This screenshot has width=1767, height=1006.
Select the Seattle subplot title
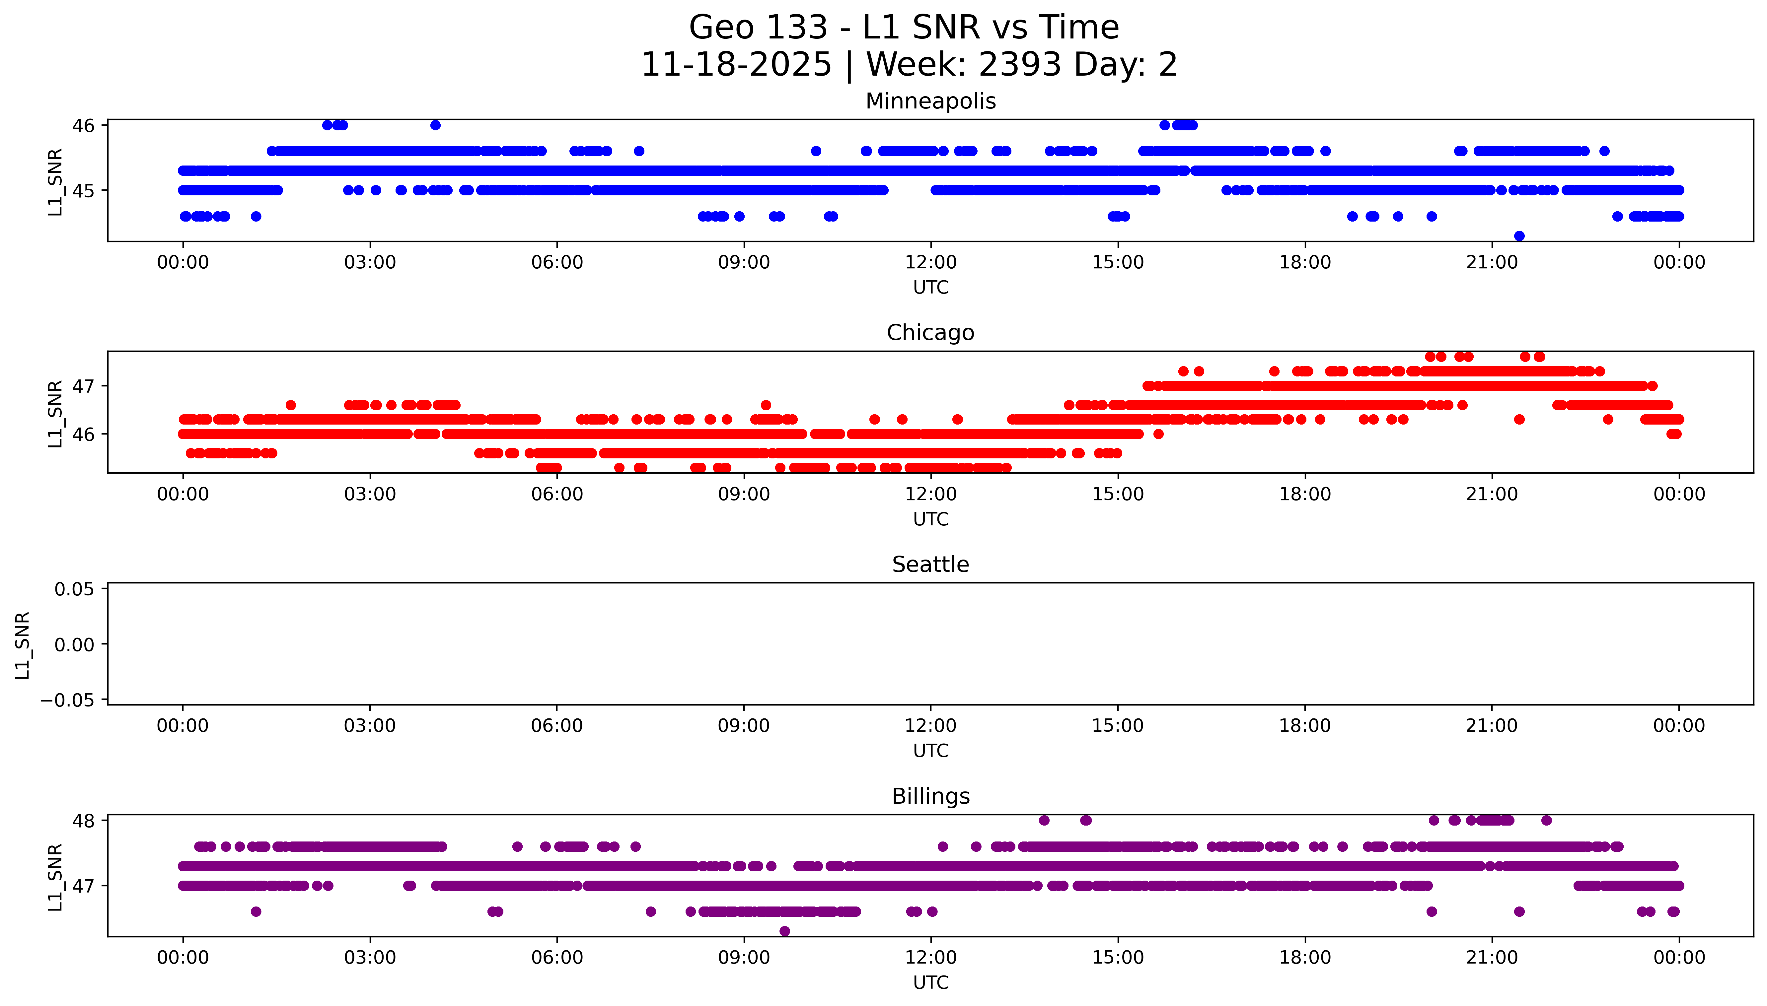pyautogui.click(x=930, y=565)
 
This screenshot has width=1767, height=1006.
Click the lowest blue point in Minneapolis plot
pyautogui.click(x=1519, y=235)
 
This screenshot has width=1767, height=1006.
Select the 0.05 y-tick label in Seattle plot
pyautogui.click(x=75, y=589)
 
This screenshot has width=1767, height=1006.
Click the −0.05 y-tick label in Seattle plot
pyautogui.click(x=68, y=700)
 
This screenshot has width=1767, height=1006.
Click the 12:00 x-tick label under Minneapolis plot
pyautogui.click(x=930, y=263)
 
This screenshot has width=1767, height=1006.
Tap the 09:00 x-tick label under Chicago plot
pyautogui.click(x=744, y=494)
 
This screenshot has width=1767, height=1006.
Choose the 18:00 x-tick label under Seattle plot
pyautogui.click(x=1304, y=725)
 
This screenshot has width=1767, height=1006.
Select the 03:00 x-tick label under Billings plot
pyautogui.click(x=370, y=958)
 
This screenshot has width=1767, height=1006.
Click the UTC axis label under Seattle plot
pyautogui.click(x=930, y=750)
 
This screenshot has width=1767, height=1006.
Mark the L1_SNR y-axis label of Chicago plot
pyautogui.click(x=55, y=413)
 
